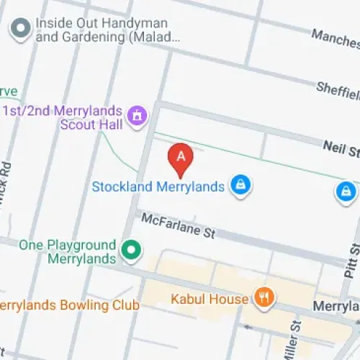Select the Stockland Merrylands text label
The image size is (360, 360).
click(x=158, y=186)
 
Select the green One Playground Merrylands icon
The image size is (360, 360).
click(x=131, y=251)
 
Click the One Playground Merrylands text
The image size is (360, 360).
click(x=68, y=251)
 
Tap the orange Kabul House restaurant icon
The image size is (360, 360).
click(x=264, y=297)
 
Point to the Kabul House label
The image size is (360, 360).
click(x=209, y=298)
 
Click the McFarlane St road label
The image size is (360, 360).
click(x=178, y=224)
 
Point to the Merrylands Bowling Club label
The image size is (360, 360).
click(x=69, y=305)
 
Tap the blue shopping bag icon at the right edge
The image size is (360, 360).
click(x=346, y=191)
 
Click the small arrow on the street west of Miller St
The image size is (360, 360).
click(x=248, y=328)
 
